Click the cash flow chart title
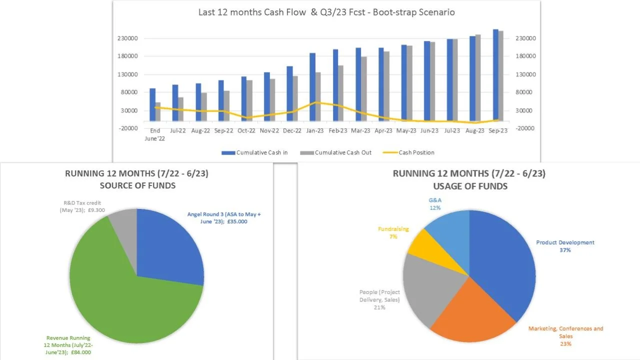click(x=326, y=12)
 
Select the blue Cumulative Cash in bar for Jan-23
click(x=312, y=87)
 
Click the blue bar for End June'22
click(x=152, y=104)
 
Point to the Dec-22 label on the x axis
click(x=292, y=131)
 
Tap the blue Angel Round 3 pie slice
click(x=167, y=245)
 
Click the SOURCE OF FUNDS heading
click(x=137, y=185)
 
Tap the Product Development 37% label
click(x=565, y=246)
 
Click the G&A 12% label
click(x=435, y=203)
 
